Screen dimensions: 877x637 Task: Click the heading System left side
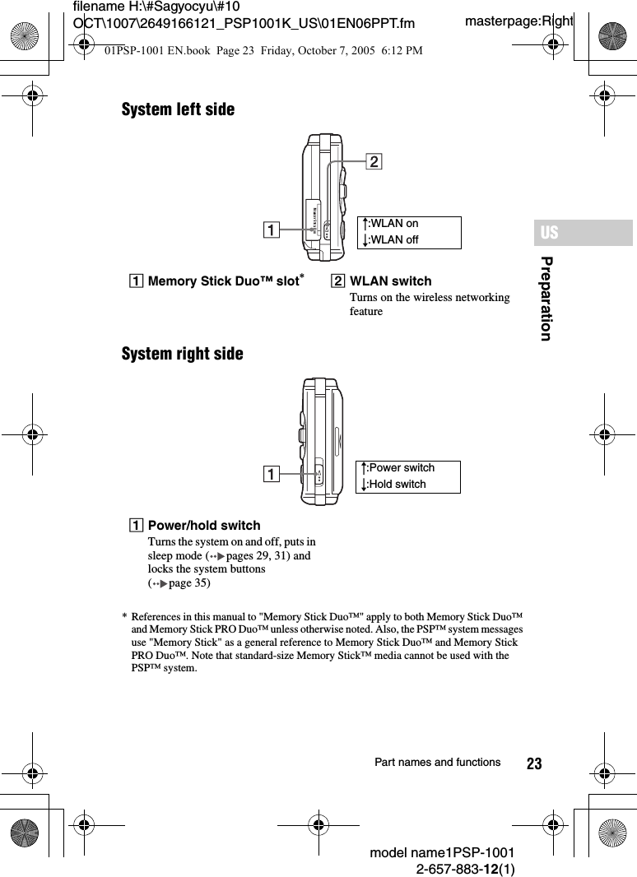point(178,109)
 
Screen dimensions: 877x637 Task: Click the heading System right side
point(182,354)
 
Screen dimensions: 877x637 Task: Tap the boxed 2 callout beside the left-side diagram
point(374,162)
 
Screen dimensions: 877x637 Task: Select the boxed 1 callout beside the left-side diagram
point(270,231)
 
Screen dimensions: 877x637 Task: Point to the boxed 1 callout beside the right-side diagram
point(270,474)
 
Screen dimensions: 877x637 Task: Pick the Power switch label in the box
point(401,468)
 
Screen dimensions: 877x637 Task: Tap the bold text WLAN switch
point(390,281)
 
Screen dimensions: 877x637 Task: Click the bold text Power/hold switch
point(203,526)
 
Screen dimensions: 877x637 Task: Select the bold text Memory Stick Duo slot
point(222,281)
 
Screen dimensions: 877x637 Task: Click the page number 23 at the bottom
point(534,764)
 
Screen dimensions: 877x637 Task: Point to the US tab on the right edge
point(549,233)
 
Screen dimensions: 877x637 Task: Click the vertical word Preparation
point(546,298)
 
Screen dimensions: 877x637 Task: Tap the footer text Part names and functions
point(437,763)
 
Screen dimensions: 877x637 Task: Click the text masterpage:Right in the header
point(518,20)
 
